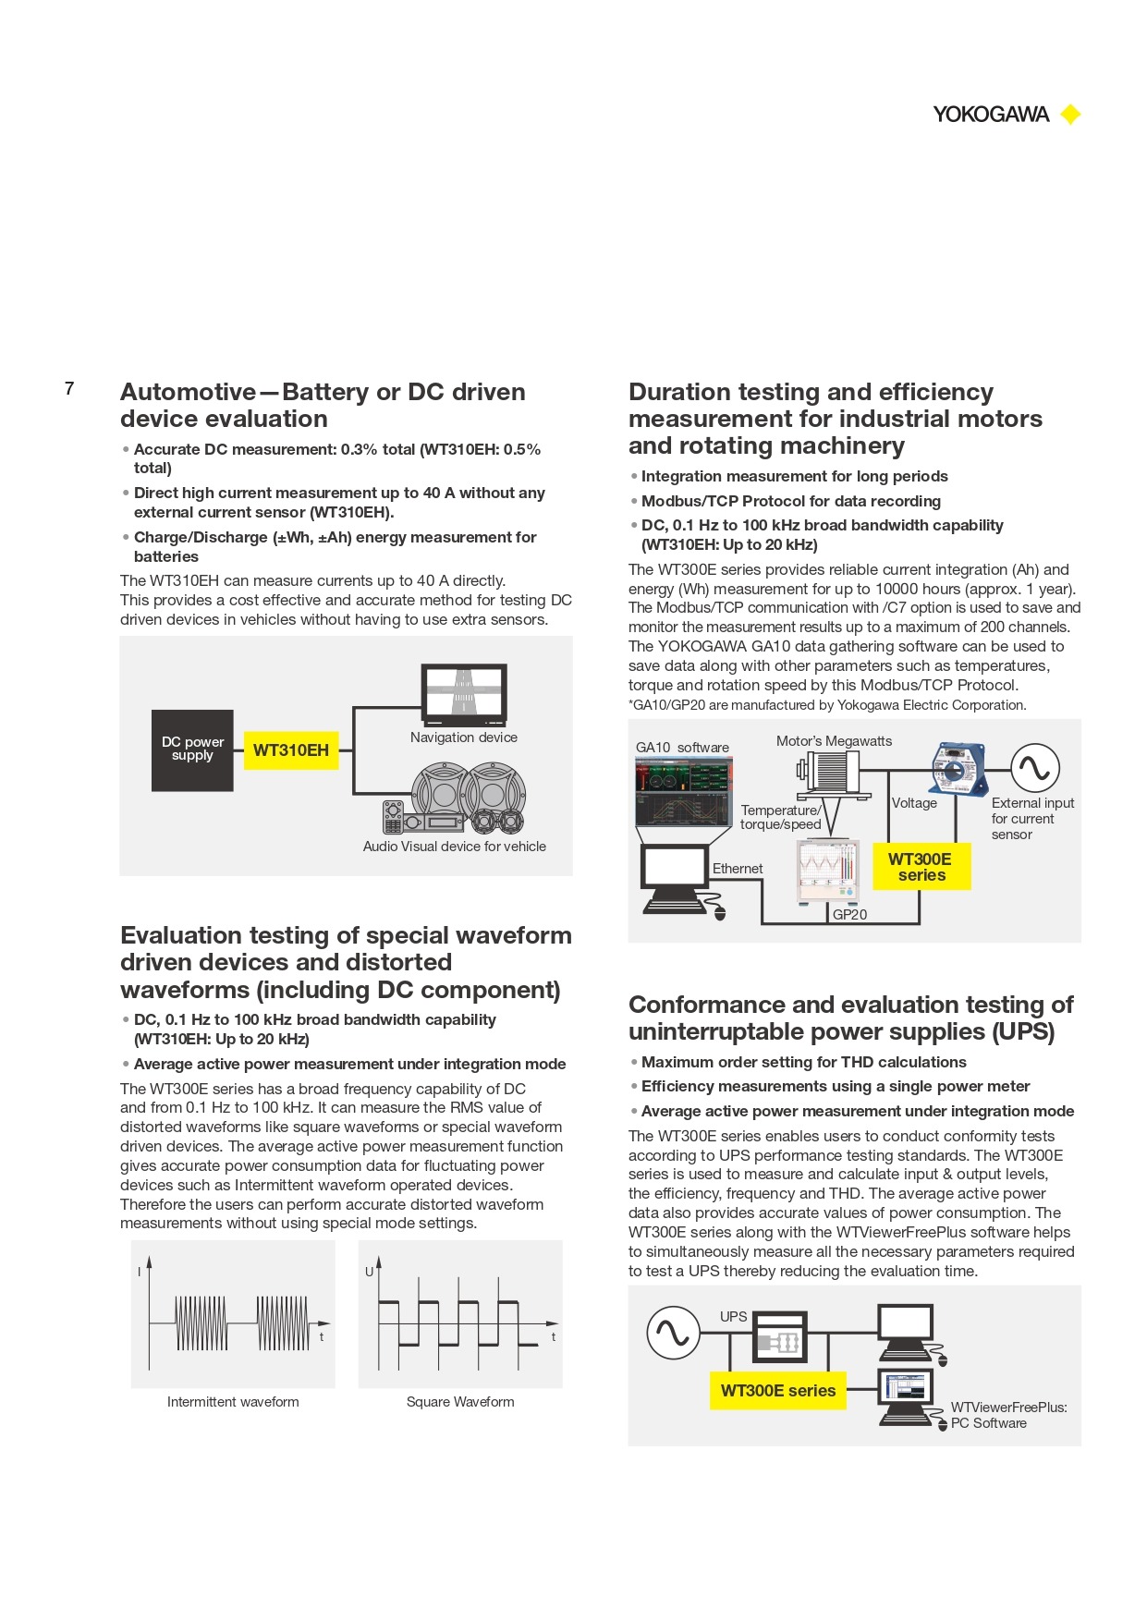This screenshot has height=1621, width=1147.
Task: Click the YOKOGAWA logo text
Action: point(991,115)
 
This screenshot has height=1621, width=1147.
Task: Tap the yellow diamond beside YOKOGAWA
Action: point(1070,115)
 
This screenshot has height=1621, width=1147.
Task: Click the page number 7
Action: point(69,388)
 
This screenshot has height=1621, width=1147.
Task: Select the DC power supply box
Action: point(192,750)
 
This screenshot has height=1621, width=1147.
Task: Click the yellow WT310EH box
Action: point(291,750)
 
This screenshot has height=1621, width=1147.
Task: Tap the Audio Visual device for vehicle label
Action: point(454,847)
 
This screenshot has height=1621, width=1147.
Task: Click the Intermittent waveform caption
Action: point(233,1402)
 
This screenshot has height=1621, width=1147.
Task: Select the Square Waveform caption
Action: point(460,1402)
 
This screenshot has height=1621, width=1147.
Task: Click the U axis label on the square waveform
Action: point(370,1272)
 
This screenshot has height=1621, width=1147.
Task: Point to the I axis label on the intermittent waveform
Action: point(140,1272)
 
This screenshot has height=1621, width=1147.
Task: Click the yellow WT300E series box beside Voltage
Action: point(921,867)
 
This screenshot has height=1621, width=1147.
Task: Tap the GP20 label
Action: point(849,915)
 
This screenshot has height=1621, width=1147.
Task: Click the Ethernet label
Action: point(738,869)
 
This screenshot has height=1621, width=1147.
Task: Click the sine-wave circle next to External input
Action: point(1034,768)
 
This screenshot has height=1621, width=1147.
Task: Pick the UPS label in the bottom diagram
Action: point(733,1317)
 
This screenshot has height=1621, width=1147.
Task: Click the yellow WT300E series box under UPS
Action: point(778,1391)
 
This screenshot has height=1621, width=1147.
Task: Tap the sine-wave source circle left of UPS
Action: point(672,1333)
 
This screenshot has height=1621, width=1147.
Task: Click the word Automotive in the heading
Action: point(188,392)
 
